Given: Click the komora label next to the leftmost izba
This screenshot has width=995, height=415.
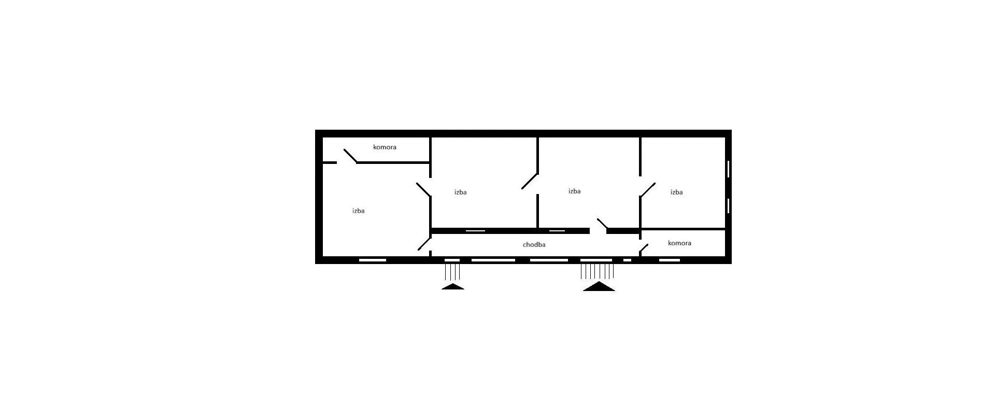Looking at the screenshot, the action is (385, 147).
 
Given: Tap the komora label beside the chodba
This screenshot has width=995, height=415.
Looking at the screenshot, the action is (679, 243).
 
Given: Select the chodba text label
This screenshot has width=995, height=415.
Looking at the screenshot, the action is (534, 245).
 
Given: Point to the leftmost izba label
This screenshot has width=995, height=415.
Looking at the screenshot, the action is (358, 211).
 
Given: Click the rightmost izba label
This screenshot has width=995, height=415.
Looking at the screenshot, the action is (676, 192).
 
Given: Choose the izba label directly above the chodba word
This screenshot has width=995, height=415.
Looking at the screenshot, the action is (574, 191).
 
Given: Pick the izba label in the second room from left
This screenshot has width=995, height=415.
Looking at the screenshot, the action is (460, 192).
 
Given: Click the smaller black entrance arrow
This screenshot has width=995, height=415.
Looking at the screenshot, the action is (453, 286).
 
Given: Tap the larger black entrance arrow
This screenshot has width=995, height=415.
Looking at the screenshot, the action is (599, 286).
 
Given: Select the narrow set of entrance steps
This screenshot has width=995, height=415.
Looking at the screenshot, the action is (452, 272).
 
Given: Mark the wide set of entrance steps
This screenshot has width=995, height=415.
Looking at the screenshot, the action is (598, 271).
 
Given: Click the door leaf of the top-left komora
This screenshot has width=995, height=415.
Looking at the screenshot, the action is (350, 156).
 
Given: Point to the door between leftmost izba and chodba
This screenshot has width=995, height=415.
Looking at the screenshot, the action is (424, 244).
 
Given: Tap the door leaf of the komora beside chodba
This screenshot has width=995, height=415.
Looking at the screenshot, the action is (644, 248).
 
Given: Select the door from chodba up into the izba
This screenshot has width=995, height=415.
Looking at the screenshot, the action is (602, 224).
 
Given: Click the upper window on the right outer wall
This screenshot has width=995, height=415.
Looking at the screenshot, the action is (729, 169).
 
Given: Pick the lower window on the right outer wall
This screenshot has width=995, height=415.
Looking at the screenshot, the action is (729, 206).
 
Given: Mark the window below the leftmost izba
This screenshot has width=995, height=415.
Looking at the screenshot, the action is (373, 260).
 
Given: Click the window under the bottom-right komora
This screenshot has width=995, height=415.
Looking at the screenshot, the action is (670, 260).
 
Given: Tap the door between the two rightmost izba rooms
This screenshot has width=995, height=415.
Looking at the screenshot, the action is (648, 190).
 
